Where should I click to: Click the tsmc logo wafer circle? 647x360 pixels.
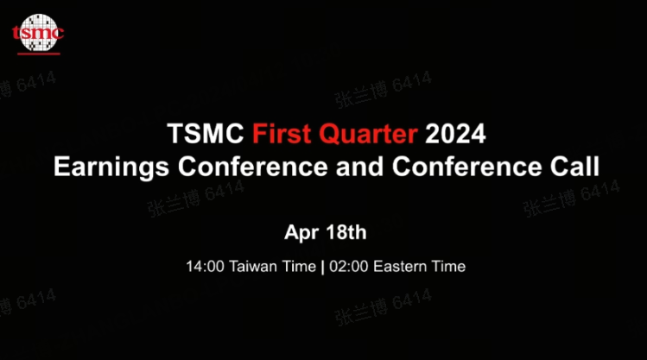(38, 32)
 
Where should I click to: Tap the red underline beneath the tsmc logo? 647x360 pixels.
(39, 54)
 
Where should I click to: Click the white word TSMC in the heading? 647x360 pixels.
(206, 134)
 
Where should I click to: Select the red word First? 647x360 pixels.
(282, 134)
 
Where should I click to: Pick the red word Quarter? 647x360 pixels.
(368, 134)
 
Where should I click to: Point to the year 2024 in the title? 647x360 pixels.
(455, 134)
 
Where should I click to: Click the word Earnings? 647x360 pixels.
(111, 167)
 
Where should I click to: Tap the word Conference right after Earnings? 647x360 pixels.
(253, 167)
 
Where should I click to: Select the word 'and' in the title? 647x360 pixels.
(360, 167)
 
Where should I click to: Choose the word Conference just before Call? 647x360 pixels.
(467, 167)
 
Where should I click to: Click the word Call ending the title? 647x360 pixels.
(574, 167)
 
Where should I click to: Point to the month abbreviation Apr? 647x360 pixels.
(301, 233)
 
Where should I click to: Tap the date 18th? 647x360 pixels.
(346, 232)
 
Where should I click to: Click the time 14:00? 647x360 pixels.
(205, 267)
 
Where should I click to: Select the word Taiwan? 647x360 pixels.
(252, 267)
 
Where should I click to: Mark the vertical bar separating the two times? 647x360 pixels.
(323, 267)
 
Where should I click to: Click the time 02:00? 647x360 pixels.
(349, 267)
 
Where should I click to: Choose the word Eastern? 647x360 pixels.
(399, 267)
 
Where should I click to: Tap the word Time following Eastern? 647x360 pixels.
(448, 267)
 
